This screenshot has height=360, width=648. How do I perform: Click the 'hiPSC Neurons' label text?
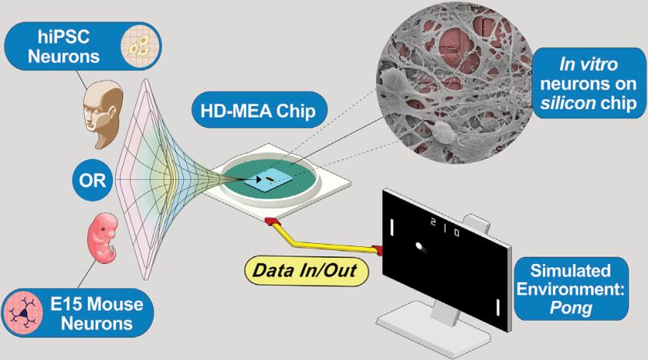point(71,48)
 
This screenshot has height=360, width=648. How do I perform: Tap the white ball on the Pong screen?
point(421,248)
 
